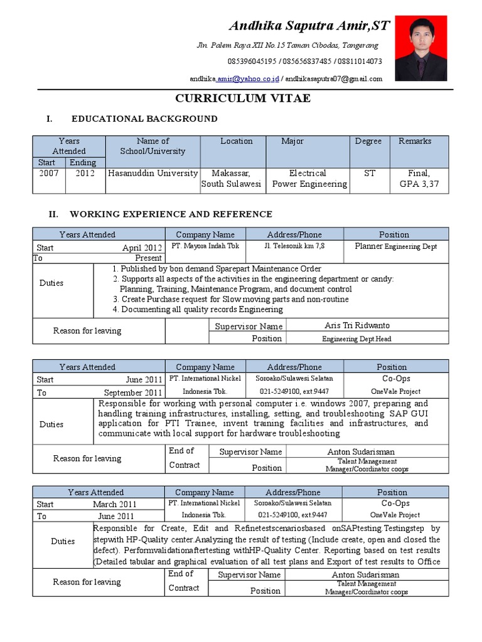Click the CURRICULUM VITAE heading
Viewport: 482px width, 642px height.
(242, 99)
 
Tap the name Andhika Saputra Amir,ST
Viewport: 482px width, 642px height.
(309, 26)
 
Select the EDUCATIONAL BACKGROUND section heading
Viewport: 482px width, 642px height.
(144, 118)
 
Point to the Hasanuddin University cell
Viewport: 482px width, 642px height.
(153, 173)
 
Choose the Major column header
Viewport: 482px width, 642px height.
(292, 141)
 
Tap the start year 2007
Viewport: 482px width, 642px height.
(48, 173)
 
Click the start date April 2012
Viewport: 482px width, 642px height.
(142, 248)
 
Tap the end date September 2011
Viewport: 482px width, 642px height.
(133, 393)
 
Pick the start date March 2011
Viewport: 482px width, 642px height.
(114, 504)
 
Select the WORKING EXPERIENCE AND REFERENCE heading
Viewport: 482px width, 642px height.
(171, 214)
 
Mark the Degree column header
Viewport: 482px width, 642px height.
(368, 141)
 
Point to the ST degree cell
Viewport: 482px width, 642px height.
(370, 173)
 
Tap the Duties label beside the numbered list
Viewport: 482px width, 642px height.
(51, 283)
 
